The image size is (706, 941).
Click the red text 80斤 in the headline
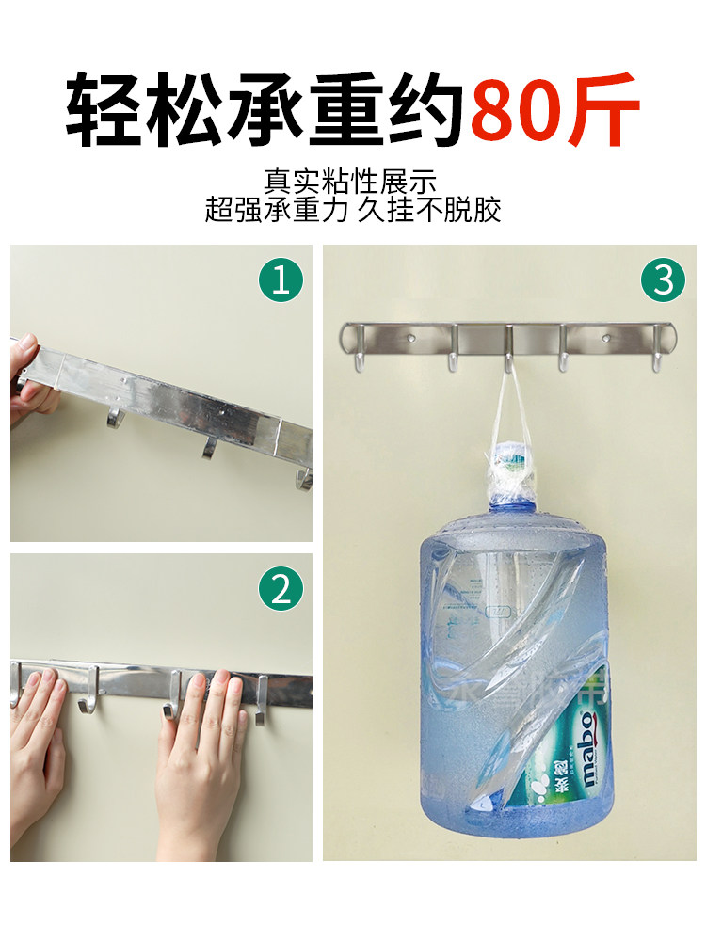point(555,111)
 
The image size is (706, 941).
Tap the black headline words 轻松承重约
point(266,111)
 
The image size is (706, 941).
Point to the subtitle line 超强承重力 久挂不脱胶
point(353,209)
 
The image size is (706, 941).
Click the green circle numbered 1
point(281,281)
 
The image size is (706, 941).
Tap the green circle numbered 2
point(281,590)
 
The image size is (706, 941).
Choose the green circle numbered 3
point(663,281)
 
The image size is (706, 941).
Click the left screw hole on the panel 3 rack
point(410,336)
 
